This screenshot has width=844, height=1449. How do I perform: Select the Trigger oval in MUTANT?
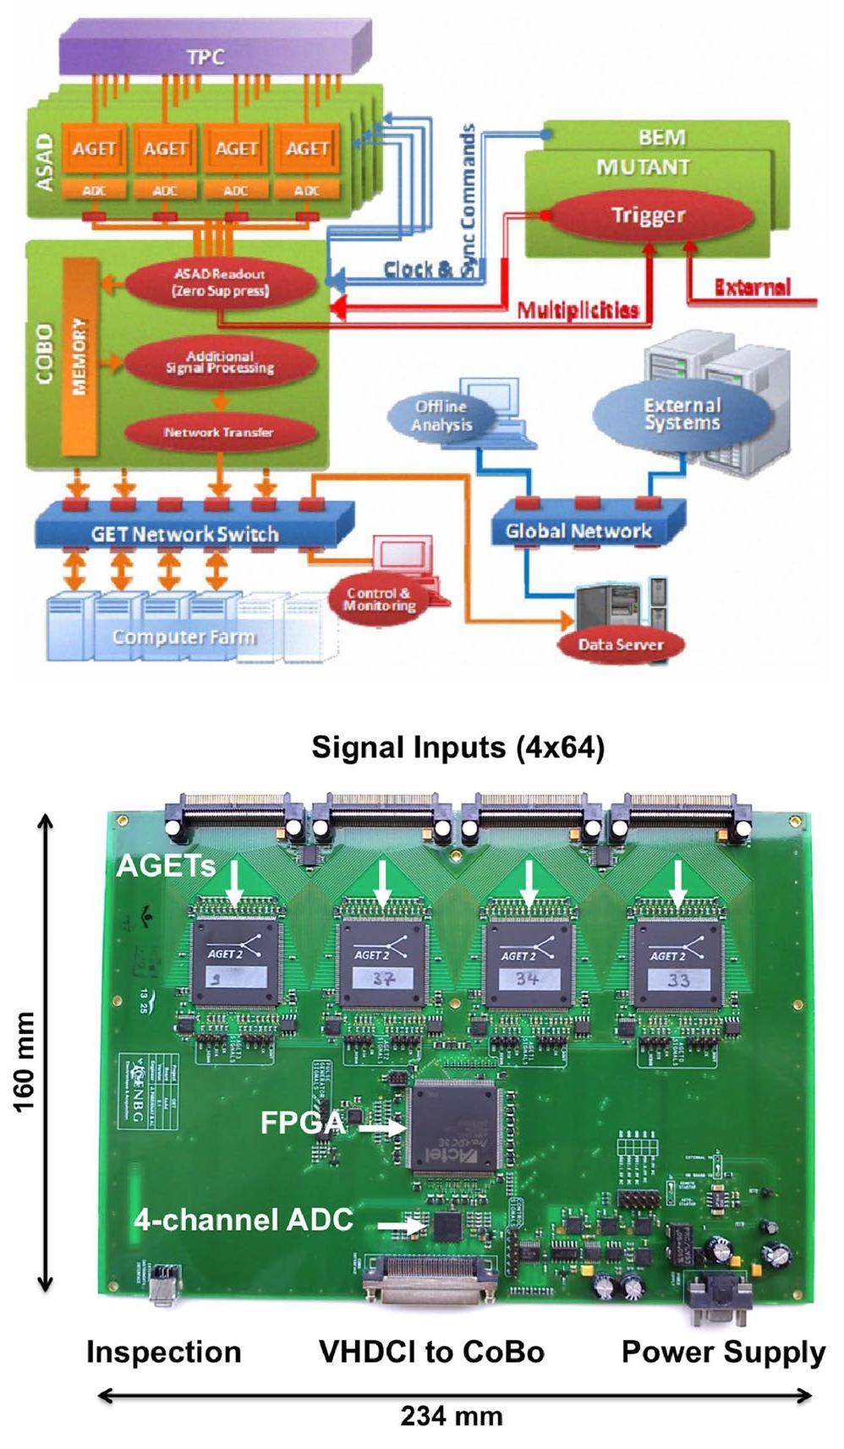(x=648, y=216)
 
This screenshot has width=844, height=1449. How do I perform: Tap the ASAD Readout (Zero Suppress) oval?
(x=221, y=282)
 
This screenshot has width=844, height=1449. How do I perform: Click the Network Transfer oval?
(x=219, y=432)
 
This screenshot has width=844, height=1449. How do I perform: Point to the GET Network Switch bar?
(x=186, y=533)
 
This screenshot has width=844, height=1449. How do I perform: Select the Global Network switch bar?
(x=580, y=531)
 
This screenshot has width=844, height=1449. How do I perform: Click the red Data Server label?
(x=620, y=644)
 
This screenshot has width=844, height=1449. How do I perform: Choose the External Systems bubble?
(x=682, y=415)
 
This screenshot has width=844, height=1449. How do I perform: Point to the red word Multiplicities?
(x=578, y=311)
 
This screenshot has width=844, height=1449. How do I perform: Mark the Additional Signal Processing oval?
(x=219, y=363)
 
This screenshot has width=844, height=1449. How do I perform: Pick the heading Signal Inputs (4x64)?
(x=458, y=747)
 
